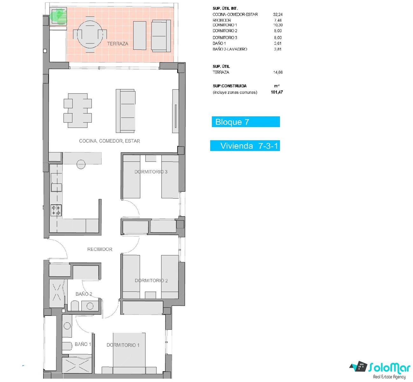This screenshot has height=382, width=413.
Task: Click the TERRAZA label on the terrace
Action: pyautogui.click(x=117, y=44)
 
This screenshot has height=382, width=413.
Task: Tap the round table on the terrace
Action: pyautogui.click(x=90, y=34)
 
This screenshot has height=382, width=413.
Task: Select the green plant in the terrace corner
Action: pyautogui.click(x=59, y=16)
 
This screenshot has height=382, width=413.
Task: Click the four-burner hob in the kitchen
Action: pyautogui.click(x=56, y=210)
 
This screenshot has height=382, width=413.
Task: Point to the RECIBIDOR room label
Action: pyautogui.click(x=100, y=249)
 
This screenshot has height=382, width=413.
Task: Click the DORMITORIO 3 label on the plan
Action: pyautogui.click(x=151, y=172)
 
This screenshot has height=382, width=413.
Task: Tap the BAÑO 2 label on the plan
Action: pyautogui.click(x=84, y=294)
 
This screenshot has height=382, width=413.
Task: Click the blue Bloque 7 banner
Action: pyautogui.click(x=246, y=122)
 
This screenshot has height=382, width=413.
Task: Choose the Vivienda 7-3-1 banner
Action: pyautogui.click(x=245, y=146)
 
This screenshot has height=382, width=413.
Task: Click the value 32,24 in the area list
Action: pyautogui.click(x=278, y=14)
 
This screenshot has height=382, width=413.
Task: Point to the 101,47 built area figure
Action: pyautogui.click(x=277, y=92)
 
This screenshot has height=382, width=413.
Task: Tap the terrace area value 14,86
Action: pyautogui.click(x=278, y=72)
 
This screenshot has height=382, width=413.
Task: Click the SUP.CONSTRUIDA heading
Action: pyautogui.click(x=230, y=86)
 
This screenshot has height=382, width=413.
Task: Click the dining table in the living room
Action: pyautogui.click(x=78, y=110)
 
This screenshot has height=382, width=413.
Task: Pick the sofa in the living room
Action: pyautogui.click(x=126, y=111)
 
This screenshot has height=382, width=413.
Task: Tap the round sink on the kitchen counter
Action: pyautogui.click(x=81, y=164)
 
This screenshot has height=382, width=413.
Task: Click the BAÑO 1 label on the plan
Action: pyautogui.click(x=83, y=344)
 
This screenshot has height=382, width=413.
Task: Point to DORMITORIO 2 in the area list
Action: pyautogui.click(x=225, y=31)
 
